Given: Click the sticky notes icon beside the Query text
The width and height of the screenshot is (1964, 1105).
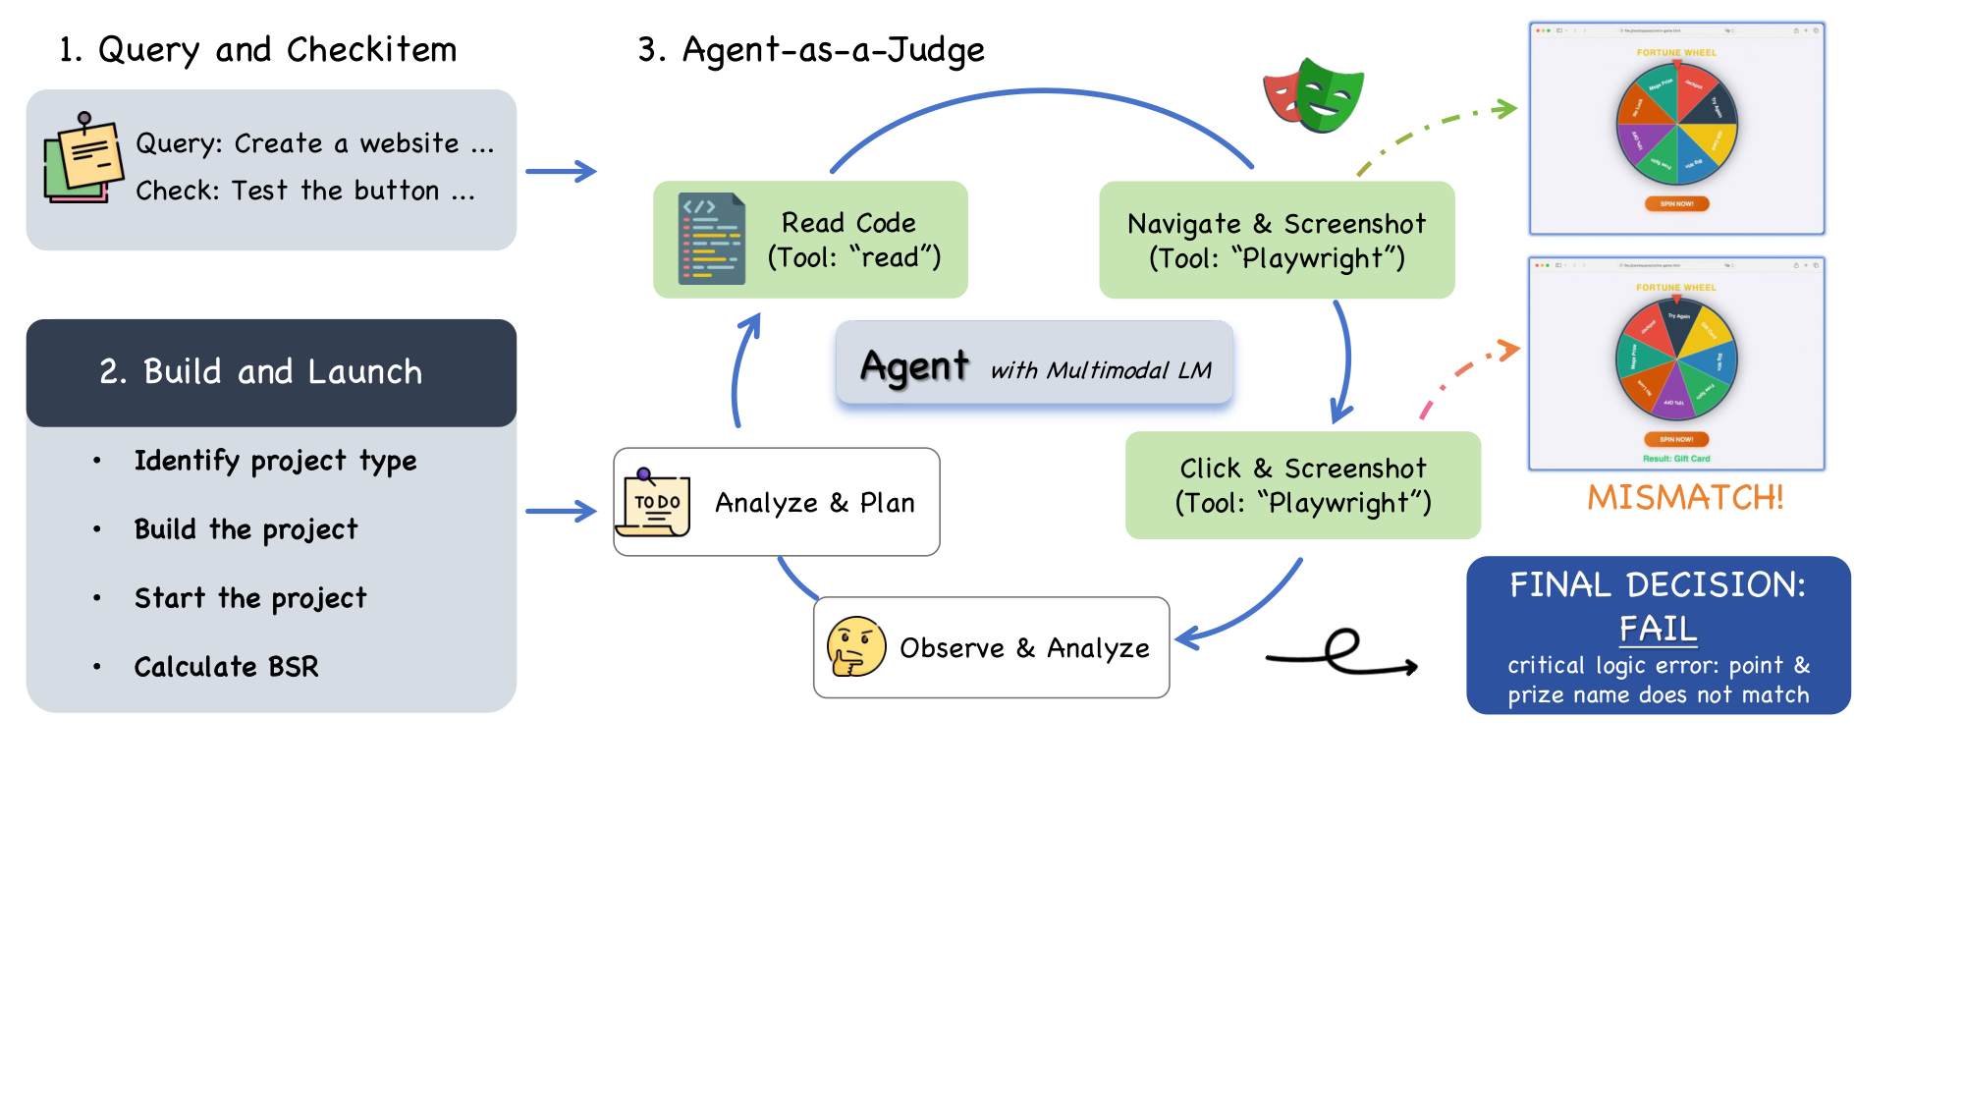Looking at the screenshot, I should (83, 160).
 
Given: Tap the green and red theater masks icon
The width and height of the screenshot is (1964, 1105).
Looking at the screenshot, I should (1314, 95).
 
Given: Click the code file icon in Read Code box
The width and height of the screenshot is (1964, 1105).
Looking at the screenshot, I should (712, 239).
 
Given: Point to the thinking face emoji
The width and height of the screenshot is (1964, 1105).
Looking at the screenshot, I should (855, 647).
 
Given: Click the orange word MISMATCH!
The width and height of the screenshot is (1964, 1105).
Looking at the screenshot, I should (1685, 498).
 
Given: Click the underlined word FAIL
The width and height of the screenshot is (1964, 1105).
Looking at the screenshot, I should (1658, 629).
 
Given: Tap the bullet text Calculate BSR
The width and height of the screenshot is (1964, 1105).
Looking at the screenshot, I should (226, 667).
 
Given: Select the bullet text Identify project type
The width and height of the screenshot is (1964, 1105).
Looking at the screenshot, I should (275, 461).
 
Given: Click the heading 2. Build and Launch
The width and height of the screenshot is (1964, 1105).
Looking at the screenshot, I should (261, 372).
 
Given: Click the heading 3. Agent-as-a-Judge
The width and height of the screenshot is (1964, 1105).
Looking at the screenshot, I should (811, 50).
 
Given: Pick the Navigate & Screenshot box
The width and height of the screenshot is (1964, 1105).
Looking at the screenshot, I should (1276, 241).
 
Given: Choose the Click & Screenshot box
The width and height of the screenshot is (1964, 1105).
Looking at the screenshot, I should (1302, 485).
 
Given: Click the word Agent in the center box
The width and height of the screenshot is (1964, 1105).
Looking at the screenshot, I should (914, 366).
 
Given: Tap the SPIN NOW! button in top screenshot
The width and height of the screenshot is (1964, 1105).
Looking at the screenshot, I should (1676, 204).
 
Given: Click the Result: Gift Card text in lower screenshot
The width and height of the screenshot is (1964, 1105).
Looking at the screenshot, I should (1676, 459).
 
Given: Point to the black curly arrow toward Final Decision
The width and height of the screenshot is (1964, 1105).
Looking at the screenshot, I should (1341, 655).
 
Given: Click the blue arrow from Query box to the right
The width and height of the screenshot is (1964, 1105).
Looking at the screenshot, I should (561, 172).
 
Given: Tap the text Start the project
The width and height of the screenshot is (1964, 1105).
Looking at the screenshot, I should (250, 598).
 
